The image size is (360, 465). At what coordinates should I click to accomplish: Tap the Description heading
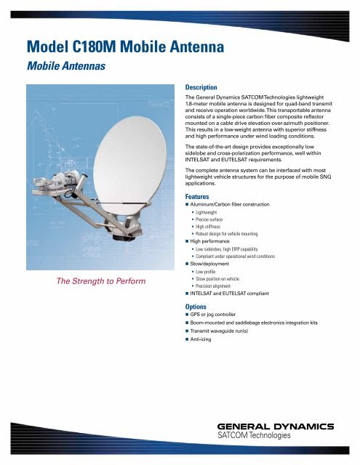[x=206, y=85]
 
